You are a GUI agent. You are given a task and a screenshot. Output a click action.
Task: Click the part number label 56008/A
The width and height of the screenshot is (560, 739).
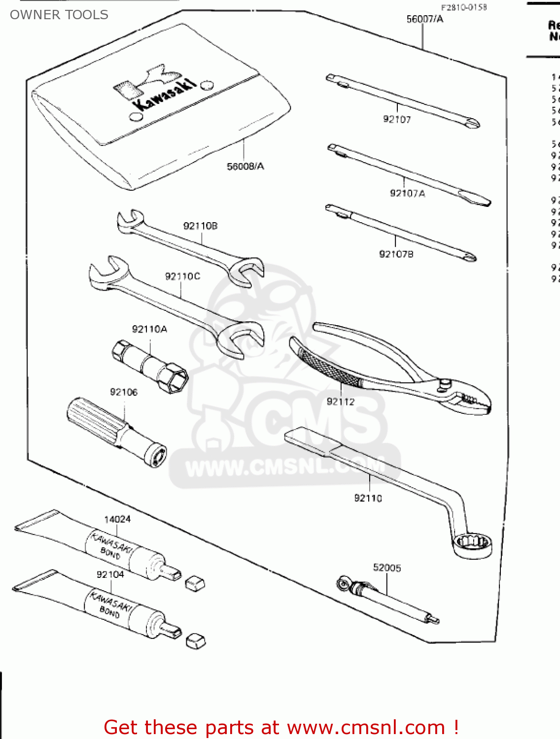(x=245, y=167)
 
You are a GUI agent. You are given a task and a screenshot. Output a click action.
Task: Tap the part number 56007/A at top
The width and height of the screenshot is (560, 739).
(x=424, y=19)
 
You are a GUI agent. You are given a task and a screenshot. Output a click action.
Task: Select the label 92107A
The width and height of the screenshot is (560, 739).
(x=407, y=194)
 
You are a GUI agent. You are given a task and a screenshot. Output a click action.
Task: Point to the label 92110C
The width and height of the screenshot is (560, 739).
(x=182, y=276)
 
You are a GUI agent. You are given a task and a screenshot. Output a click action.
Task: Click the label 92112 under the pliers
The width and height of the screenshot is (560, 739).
(x=341, y=402)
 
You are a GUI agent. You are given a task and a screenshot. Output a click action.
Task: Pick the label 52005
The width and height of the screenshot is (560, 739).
(x=387, y=568)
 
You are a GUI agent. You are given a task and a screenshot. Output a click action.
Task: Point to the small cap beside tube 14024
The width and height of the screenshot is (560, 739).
(x=195, y=584)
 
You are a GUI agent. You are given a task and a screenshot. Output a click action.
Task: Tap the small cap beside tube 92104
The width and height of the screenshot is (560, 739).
(x=196, y=641)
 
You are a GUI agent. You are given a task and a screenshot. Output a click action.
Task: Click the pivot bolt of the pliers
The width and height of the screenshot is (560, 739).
(x=445, y=383)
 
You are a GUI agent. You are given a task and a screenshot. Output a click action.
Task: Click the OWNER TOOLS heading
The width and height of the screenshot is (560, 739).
(x=59, y=15)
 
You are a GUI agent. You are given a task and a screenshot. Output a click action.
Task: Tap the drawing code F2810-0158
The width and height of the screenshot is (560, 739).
(x=463, y=7)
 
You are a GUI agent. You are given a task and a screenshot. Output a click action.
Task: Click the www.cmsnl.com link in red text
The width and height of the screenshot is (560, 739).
(x=366, y=727)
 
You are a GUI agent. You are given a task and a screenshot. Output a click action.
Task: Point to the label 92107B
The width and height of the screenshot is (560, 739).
(x=396, y=254)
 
